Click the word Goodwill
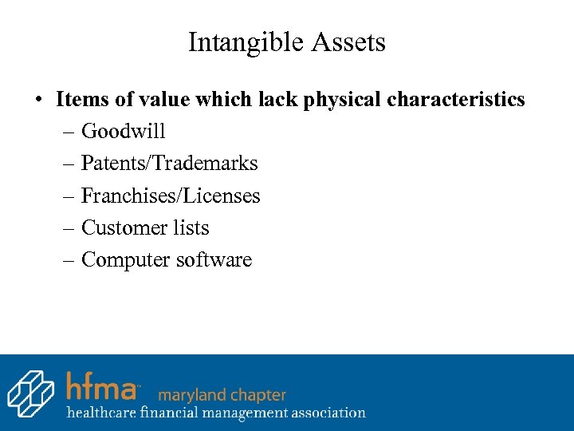point(123,132)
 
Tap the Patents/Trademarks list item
point(169,164)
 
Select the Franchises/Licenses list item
point(171,196)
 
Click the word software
point(214,259)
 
